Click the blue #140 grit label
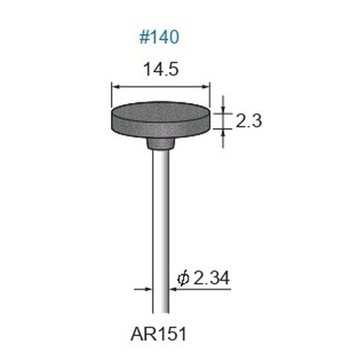pyautogui.click(x=159, y=37)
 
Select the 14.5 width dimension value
pyautogui.click(x=161, y=70)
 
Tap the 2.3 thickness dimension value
pyautogui.click(x=248, y=121)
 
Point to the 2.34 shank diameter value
pyautogui.click(x=212, y=278)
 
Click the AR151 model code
pyautogui.click(x=158, y=335)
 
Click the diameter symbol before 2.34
pyautogui.click(x=184, y=279)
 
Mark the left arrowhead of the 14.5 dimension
pyautogui.click(x=115, y=87)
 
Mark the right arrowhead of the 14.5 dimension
pyautogui.click(x=206, y=87)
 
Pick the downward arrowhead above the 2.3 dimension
pyautogui.click(x=223, y=109)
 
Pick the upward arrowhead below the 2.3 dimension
pyautogui.click(x=223, y=133)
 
